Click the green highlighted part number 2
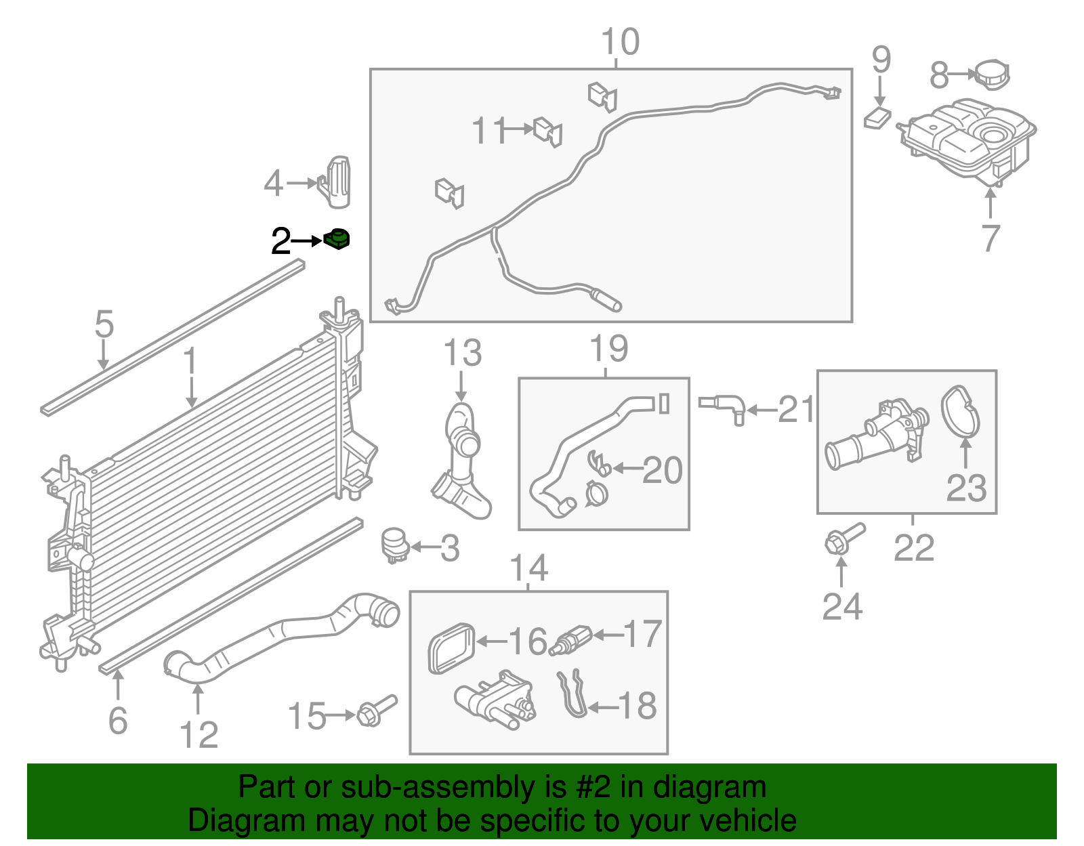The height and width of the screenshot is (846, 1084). [x=336, y=239]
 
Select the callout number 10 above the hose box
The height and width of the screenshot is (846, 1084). [x=620, y=42]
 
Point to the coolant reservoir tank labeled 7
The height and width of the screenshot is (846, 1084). [x=969, y=139]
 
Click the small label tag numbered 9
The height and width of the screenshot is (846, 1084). [x=877, y=117]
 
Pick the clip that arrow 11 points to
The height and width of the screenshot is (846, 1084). [x=548, y=131]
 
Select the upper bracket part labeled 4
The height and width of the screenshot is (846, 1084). [x=337, y=182]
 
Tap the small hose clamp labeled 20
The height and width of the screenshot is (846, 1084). [x=599, y=465]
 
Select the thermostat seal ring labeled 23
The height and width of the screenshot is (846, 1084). [x=960, y=410]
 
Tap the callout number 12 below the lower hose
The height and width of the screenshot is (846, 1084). [x=199, y=735]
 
